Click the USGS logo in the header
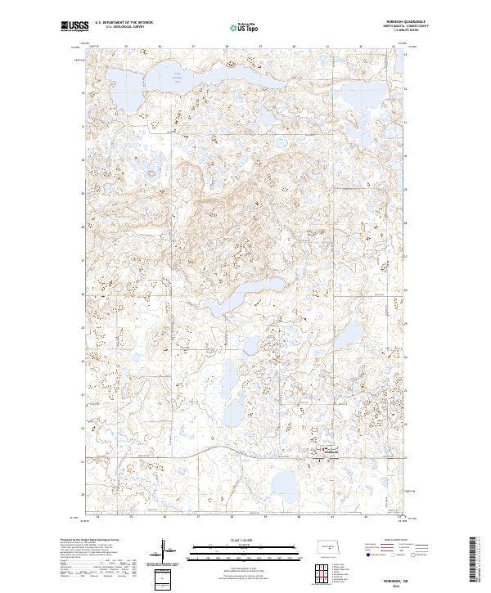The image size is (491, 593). [74, 26]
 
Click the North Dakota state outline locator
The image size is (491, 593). [333, 549]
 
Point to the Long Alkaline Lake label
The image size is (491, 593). [177, 78]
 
